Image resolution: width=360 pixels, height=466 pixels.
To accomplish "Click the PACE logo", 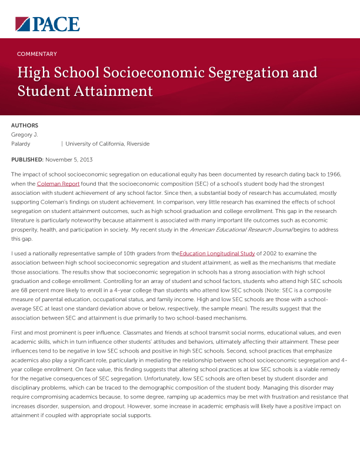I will click(x=47, y=24).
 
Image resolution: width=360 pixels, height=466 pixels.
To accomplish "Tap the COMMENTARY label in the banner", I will click(x=37, y=54).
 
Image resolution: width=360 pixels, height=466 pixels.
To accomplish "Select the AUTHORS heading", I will click(x=25, y=125).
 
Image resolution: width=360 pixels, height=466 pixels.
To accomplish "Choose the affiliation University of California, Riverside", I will click(x=107, y=144).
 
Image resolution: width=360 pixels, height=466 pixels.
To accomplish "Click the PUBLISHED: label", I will click(x=27, y=159).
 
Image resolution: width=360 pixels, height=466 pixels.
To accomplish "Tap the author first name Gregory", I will click(x=22, y=134).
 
